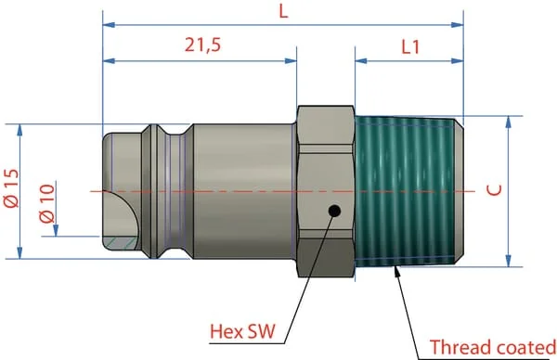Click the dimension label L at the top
tap(283, 12)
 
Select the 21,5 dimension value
tap(202, 45)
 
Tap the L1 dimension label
tap(410, 47)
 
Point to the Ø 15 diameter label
tap(11, 187)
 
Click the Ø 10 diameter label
tap(47, 203)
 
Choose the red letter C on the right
tap(494, 190)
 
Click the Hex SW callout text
tap(242, 331)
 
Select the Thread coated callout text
tap(493, 347)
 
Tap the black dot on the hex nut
tap(334, 212)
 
